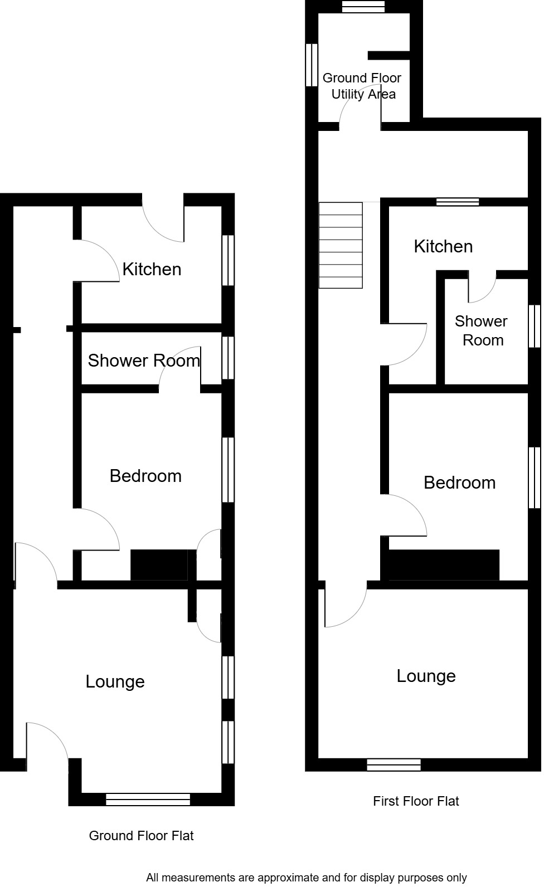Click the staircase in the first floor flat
[341, 245]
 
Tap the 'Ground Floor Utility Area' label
[362, 86]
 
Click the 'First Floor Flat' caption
[416, 801]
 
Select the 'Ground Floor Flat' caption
[141, 836]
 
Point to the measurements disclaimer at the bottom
[306, 878]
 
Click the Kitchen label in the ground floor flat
[152, 270]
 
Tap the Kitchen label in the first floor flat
[443, 246]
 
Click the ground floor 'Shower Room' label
[144, 360]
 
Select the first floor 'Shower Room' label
[482, 330]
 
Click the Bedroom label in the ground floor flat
[145, 476]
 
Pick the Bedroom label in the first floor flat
[459, 483]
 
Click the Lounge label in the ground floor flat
[115, 681]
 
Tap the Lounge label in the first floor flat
[426, 676]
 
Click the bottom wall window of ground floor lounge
[148, 800]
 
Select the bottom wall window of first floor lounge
[394, 764]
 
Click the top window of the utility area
[363, 6]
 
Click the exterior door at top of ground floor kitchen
[163, 220]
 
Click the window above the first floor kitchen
[457, 202]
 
